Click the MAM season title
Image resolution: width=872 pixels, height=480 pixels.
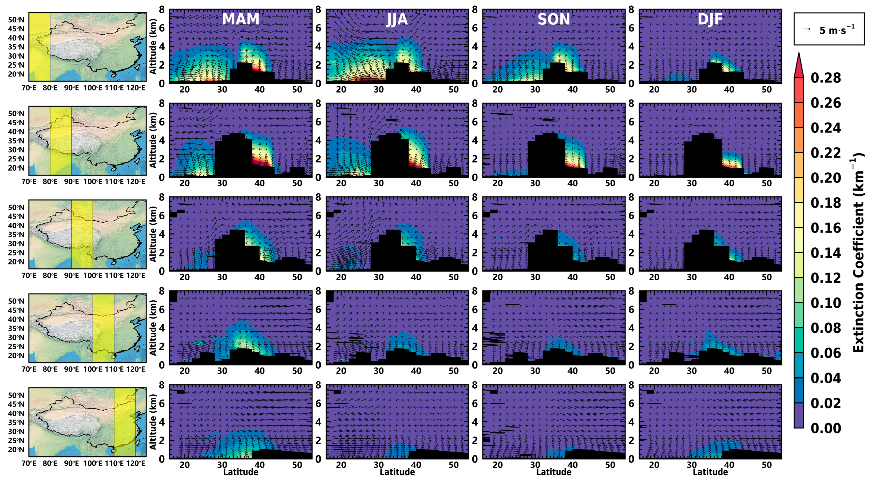point(241,19)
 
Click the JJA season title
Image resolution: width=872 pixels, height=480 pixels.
point(397,19)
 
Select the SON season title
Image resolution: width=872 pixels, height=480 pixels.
point(554,19)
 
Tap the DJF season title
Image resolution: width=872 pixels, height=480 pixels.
point(710,19)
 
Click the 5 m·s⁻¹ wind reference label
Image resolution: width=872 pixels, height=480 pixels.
point(837,30)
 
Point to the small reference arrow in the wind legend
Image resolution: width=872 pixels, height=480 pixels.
point(807,29)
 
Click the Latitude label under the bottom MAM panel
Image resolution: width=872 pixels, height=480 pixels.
point(241,472)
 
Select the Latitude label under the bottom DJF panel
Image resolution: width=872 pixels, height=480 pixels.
point(710,472)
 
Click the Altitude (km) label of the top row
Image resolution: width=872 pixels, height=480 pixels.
point(153,46)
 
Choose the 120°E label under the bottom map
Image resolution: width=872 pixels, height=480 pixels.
point(135,463)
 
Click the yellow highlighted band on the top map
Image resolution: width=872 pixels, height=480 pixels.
point(39,46)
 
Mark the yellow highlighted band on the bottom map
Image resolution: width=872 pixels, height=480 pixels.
point(125,422)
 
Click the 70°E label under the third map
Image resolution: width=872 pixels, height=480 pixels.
point(29,275)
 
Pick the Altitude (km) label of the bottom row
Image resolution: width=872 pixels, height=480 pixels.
point(153,422)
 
